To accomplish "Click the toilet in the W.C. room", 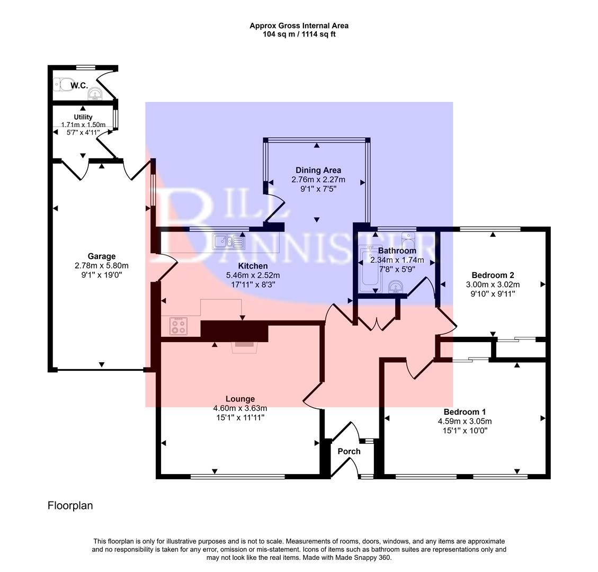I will click(64, 85).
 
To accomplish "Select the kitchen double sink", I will click(228, 242).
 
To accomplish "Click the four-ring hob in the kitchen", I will click(178, 326).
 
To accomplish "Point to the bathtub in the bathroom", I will click(367, 270).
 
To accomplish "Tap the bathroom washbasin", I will click(395, 288).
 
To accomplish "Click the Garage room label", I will click(102, 256).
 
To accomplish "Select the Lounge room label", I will click(240, 399).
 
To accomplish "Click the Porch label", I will click(349, 451).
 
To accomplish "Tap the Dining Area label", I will click(318, 170).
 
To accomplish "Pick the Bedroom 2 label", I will click(493, 275).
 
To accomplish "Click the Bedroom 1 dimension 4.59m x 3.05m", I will click(465, 421).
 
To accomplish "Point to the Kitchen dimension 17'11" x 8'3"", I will click(252, 284).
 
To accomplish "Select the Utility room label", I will click(83, 117).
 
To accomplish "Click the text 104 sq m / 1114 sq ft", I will click(299, 34).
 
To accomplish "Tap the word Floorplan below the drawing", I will click(70, 505).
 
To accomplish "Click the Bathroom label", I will click(397, 251).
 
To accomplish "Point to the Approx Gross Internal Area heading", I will click(299, 25).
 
